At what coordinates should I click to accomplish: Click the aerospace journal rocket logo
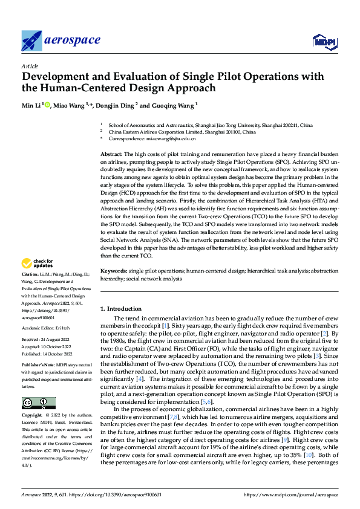[x=31, y=41]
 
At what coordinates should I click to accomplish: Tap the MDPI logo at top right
[x=322, y=41]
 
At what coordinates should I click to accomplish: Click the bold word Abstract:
[x=111, y=155]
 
